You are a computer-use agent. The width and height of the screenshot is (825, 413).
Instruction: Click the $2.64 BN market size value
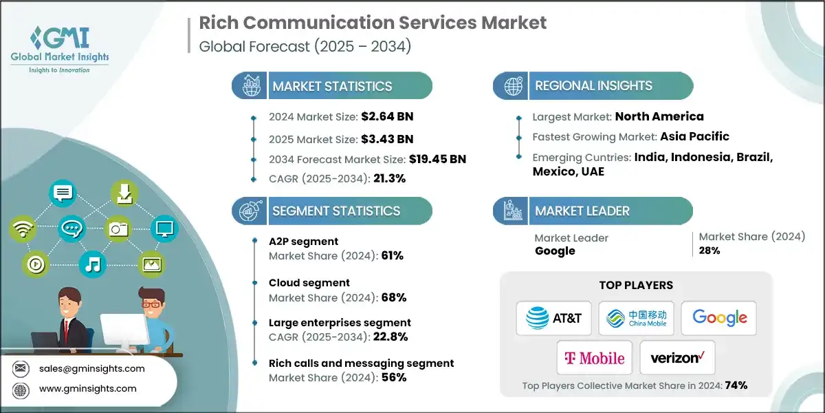click(387, 116)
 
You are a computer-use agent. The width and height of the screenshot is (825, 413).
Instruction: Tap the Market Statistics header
click(332, 86)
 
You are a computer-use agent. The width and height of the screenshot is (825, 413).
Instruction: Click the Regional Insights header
click(593, 86)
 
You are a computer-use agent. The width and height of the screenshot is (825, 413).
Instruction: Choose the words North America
click(659, 116)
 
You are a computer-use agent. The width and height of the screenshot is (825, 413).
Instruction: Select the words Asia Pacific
click(695, 136)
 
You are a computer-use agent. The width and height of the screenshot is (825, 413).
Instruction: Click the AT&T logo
click(554, 318)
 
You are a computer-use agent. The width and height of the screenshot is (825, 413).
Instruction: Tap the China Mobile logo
click(636, 318)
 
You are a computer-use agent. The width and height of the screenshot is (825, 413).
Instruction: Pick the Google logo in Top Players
click(719, 318)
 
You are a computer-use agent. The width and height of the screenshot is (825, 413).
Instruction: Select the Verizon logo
click(677, 358)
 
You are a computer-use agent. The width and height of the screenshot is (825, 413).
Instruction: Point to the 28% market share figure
click(709, 251)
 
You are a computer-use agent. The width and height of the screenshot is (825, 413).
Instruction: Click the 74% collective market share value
click(735, 385)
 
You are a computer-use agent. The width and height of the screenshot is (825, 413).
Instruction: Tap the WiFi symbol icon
click(22, 229)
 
